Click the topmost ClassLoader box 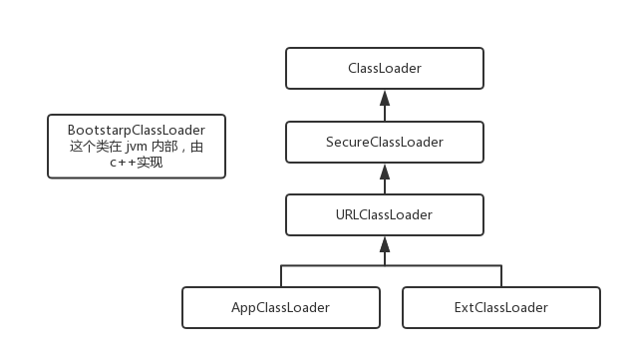pos(385,69)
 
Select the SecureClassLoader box pos(385,142)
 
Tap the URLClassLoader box pos(385,213)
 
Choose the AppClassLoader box pos(281,307)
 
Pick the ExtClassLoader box pos(500,307)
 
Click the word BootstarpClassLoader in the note pos(137,131)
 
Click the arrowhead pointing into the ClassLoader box pos(385,97)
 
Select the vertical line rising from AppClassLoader pos(281,276)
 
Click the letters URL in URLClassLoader pos(349,213)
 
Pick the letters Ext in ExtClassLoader pos(465,307)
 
